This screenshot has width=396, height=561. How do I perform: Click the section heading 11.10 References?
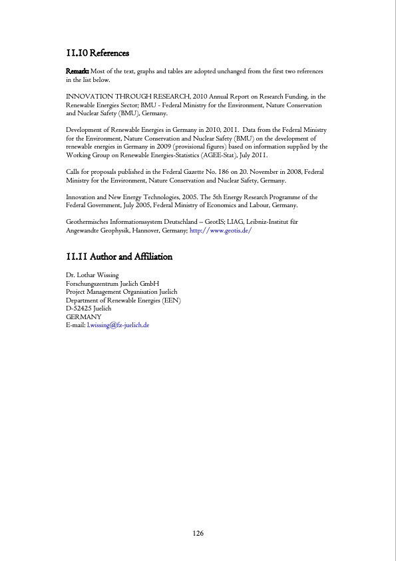[x=98, y=53]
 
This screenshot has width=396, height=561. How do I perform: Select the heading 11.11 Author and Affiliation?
[x=119, y=257]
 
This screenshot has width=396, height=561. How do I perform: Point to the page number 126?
[x=198, y=533]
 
